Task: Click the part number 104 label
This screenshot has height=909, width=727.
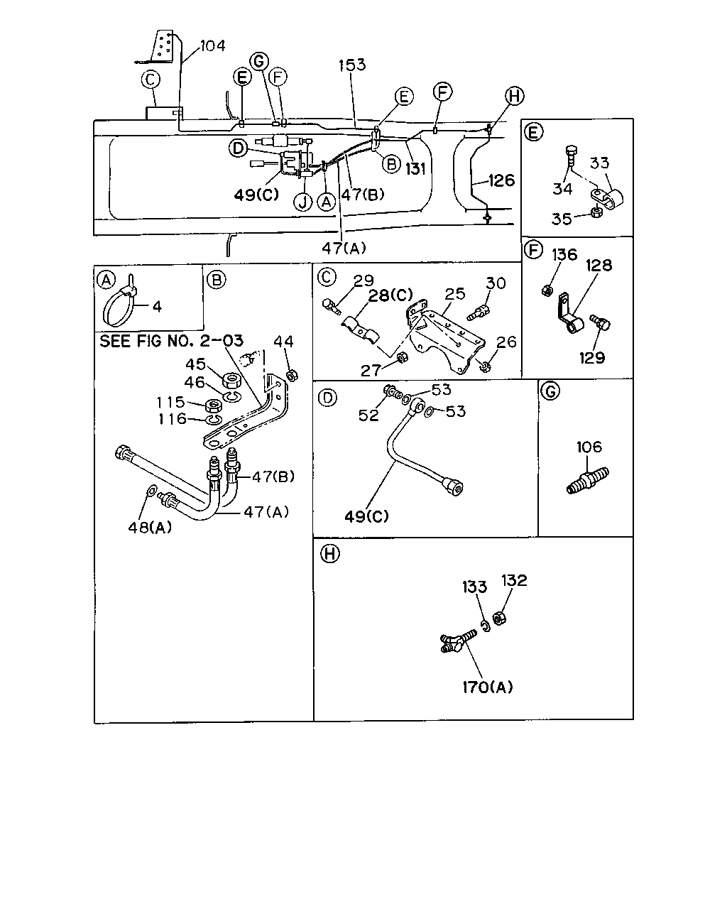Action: pos(212,45)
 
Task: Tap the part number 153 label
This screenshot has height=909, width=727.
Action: pos(352,65)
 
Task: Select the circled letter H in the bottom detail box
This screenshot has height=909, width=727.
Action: pos(330,553)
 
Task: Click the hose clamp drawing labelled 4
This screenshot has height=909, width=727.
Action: pos(119,302)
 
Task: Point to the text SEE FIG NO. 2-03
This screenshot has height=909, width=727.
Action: pos(171,341)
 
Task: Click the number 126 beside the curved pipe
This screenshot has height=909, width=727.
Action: pos(501,180)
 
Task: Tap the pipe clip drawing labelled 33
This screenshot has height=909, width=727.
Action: pos(606,200)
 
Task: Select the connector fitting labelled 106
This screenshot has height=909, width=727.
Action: pos(587,480)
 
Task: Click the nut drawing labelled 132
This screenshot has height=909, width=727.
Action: pos(500,619)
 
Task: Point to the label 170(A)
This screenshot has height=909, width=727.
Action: pos(487,687)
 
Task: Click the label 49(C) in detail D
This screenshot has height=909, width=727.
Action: pos(366,516)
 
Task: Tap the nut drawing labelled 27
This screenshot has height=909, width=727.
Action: pos(403,358)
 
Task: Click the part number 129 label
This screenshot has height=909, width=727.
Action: pos(592,358)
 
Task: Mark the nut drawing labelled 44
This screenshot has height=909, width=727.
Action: pos(292,374)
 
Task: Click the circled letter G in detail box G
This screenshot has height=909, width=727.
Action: pos(550,391)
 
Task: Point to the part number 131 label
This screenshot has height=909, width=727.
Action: pos(415,169)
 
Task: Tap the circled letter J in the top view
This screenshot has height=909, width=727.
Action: pos(303,202)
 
